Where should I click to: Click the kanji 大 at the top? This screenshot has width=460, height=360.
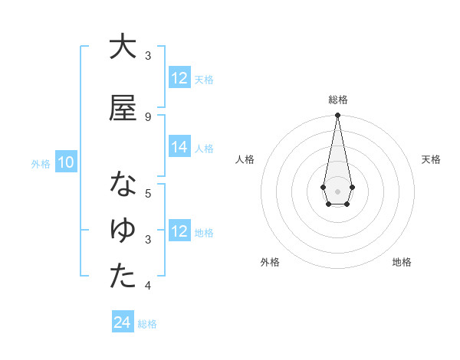click(x=122, y=47)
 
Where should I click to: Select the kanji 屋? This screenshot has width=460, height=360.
click(x=122, y=108)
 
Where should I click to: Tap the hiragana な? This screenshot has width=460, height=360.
click(x=122, y=185)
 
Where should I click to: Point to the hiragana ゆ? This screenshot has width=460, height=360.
click(x=122, y=231)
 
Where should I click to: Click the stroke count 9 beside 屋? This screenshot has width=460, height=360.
click(x=148, y=116)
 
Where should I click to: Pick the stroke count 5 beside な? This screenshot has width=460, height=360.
click(x=148, y=193)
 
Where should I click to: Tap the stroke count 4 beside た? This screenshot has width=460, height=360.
click(x=148, y=286)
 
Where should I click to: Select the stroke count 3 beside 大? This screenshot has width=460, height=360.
click(x=148, y=56)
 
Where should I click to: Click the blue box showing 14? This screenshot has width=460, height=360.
click(x=179, y=148)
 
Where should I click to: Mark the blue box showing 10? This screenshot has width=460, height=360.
click(x=66, y=162)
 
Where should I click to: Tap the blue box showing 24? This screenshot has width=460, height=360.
click(x=122, y=323)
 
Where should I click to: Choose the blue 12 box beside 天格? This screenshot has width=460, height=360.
click(x=179, y=78)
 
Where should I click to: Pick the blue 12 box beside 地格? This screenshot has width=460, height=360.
click(x=179, y=232)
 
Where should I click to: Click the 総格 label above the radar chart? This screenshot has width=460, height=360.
click(x=337, y=100)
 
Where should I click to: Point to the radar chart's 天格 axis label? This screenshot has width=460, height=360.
click(x=431, y=159)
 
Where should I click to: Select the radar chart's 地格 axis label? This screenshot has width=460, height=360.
click(x=402, y=262)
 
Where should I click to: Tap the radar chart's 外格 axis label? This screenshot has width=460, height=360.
click(x=270, y=262)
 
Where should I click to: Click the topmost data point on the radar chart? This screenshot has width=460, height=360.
click(x=337, y=116)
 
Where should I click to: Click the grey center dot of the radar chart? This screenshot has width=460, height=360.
click(x=337, y=190)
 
